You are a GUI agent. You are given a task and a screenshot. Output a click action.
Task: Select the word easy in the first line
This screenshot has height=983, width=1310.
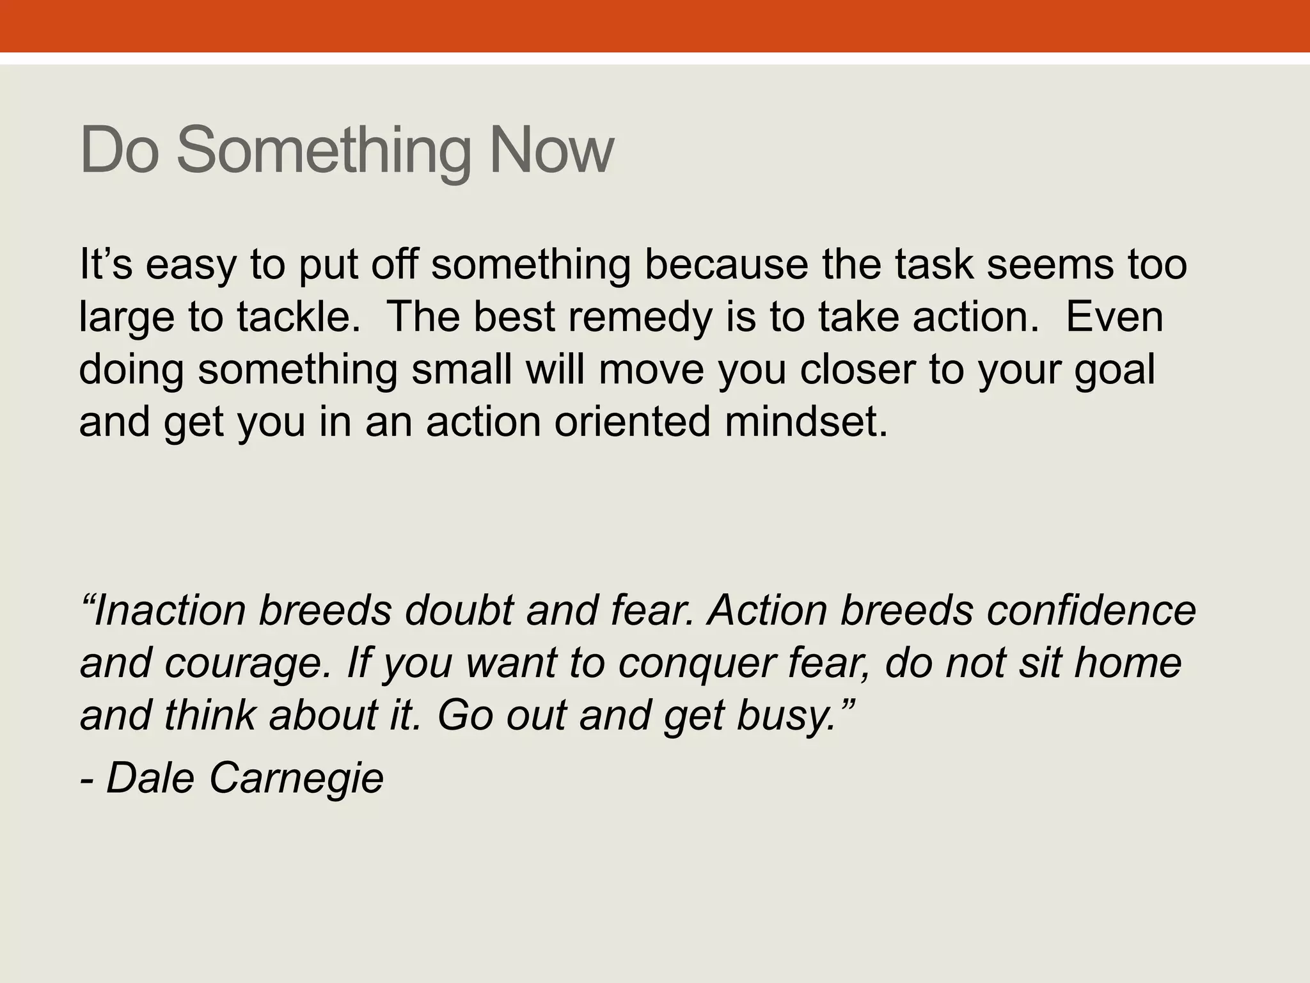coord(190,265)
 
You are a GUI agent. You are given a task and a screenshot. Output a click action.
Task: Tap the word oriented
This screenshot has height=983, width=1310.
coord(633,422)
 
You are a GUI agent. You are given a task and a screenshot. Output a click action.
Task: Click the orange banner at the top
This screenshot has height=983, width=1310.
coord(655,26)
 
